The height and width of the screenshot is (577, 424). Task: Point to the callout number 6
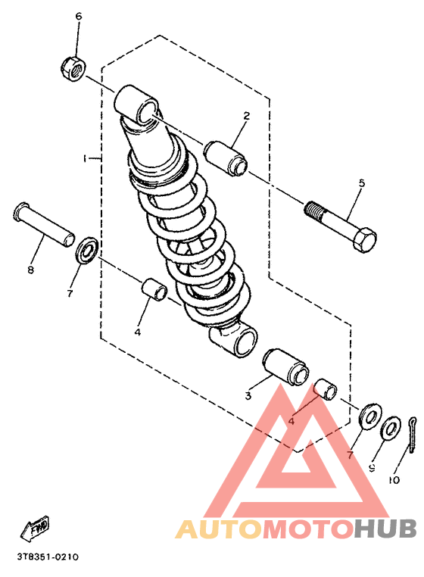pyautogui.click(x=78, y=16)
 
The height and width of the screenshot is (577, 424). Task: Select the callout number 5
pyautogui.click(x=361, y=184)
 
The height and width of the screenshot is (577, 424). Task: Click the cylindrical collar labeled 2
pyautogui.click(x=226, y=156)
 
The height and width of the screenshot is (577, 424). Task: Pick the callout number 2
pyautogui.click(x=246, y=116)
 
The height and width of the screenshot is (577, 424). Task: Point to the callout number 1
pyautogui.click(x=86, y=158)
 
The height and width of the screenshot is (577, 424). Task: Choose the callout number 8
pyautogui.click(x=31, y=270)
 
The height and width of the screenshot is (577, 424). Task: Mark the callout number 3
pyautogui.click(x=248, y=395)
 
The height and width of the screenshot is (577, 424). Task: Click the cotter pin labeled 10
pyautogui.click(x=412, y=434)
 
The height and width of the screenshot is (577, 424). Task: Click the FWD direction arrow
pyautogui.click(x=36, y=527)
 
